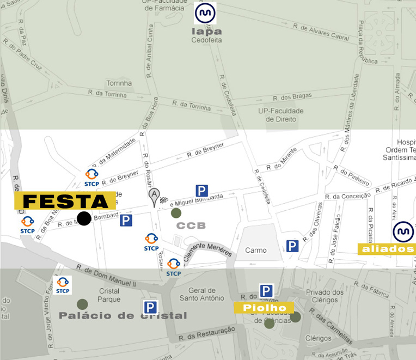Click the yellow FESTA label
[65, 201]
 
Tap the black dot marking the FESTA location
[84, 218]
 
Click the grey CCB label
[191, 225]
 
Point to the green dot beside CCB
[176, 213]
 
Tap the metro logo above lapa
[205, 13]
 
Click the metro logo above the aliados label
[403, 232]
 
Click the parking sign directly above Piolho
[266, 291]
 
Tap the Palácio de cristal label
[123, 315]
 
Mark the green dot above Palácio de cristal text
[82, 304]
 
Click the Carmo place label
[255, 251]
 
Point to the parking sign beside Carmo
[292, 246]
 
